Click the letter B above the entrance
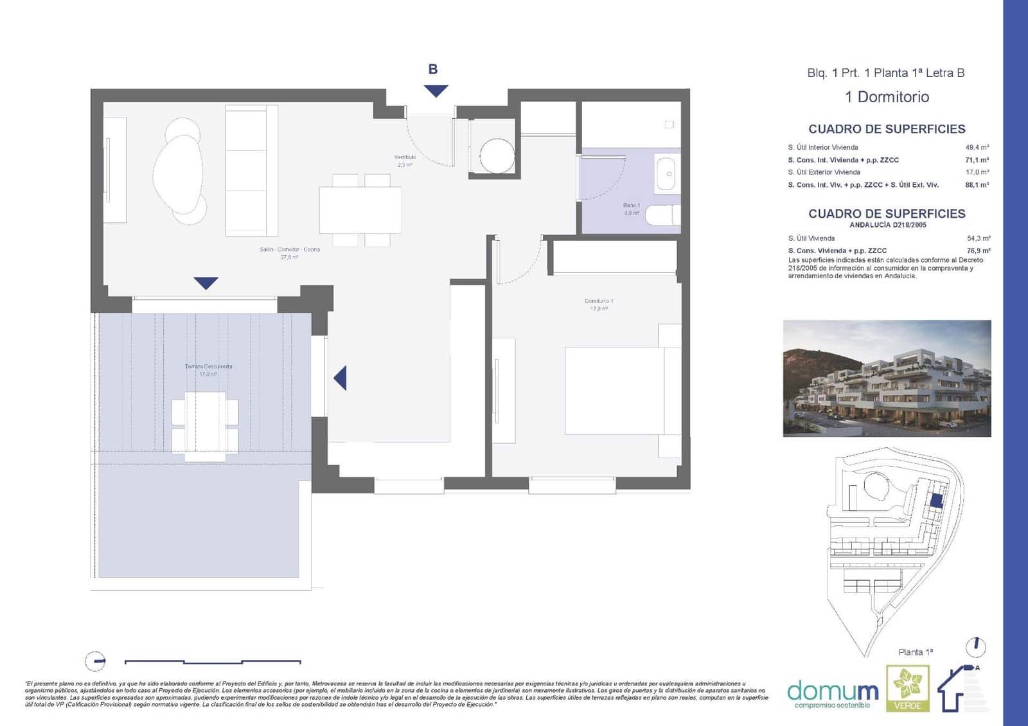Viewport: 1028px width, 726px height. click(x=433, y=69)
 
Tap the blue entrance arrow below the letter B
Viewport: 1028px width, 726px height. click(x=436, y=91)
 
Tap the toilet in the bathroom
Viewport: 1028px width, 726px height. click(x=662, y=215)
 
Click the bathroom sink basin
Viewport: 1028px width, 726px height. click(x=668, y=173)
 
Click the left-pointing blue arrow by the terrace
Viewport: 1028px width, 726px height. click(x=341, y=378)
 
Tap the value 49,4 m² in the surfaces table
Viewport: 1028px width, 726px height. click(x=977, y=147)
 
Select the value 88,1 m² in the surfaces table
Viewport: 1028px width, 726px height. click(x=977, y=185)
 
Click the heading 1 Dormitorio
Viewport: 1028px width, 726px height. click(x=887, y=97)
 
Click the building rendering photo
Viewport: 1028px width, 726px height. click(x=887, y=378)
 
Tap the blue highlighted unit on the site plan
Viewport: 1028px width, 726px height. click(x=937, y=500)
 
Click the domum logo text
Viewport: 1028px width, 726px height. click(x=833, y=691)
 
